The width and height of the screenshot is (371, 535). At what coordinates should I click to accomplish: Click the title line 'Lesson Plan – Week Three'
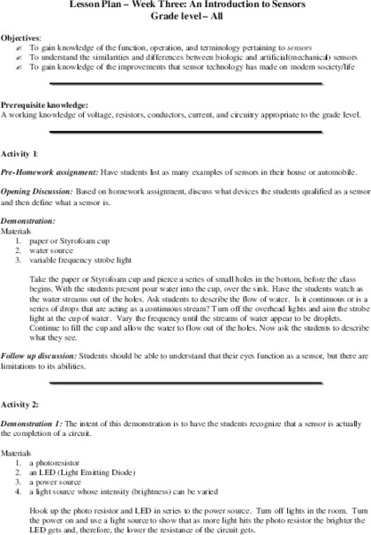point(185,4)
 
